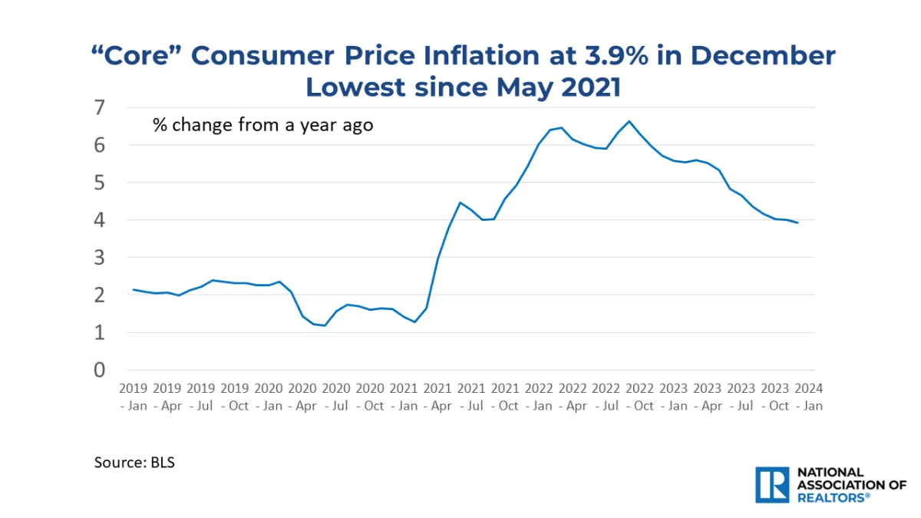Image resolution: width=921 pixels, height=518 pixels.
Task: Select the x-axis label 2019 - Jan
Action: tap(134, 397)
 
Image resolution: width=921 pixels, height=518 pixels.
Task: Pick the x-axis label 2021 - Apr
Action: tap(437, 397)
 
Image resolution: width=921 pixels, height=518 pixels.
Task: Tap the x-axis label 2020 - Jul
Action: tap(336, 397)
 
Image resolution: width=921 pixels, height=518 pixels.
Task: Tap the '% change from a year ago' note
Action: tap(262, 125)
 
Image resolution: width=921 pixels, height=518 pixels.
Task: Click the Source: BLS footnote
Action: tap(134, 463)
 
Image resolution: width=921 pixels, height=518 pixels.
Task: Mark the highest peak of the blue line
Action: tap(629, 121)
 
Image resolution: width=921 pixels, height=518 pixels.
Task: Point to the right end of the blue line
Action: tap(798, 223)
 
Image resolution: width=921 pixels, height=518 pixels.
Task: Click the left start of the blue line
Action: tap(134, 289)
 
